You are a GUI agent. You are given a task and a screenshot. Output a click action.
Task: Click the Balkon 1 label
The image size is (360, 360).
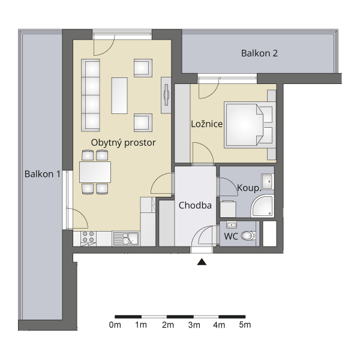click(43, 174)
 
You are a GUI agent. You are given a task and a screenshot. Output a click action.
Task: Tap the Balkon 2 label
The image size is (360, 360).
click(259, 53)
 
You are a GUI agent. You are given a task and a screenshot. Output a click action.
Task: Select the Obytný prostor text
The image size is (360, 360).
click(123, 143)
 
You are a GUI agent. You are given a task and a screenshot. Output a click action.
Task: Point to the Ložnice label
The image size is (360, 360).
click(207, 124)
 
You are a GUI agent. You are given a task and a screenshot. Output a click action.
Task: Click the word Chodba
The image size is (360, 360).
click(195, 205)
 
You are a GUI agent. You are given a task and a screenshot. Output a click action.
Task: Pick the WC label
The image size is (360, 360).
click(231, 236)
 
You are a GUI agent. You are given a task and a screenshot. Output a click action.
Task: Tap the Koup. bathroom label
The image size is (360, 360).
click(250, 188)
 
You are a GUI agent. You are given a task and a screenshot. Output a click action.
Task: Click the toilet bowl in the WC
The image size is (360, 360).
click(248, 236)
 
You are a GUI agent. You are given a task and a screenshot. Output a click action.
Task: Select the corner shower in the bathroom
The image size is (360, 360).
click(262, 206)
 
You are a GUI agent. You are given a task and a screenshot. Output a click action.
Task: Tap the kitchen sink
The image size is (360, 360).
click(126, 239)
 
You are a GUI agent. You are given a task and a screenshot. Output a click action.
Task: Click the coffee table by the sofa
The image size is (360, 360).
click(119, 95)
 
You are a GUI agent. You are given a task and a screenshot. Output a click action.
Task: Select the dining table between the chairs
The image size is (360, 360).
click(95, 172)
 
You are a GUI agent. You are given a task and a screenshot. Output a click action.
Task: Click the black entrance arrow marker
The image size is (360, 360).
click(202, 262)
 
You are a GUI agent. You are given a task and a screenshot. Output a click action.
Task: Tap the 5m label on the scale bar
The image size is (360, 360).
click(245, 325)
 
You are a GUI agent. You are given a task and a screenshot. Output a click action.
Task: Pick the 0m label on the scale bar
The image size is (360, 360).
click(115, 325)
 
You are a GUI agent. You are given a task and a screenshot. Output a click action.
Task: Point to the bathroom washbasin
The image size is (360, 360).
click(268, 181)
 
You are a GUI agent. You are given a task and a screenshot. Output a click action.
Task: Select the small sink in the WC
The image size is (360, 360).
click(232, 225)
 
